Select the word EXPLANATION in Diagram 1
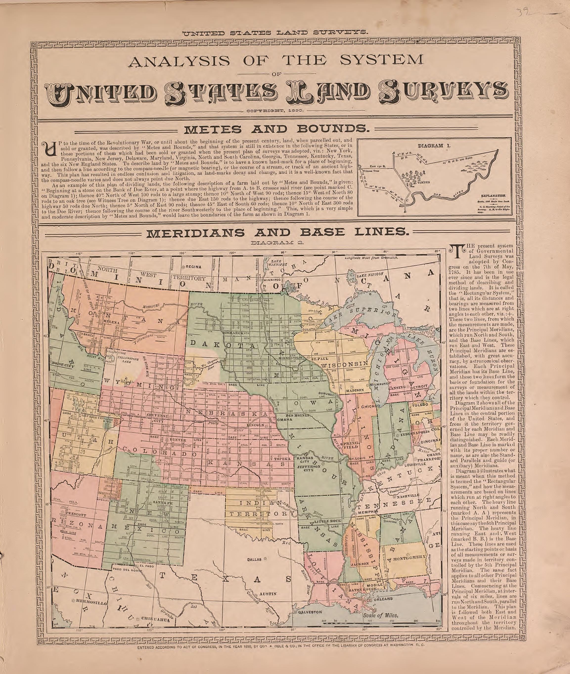[493, 196]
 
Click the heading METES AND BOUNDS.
[276, 129]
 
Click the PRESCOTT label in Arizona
[77, 513]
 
